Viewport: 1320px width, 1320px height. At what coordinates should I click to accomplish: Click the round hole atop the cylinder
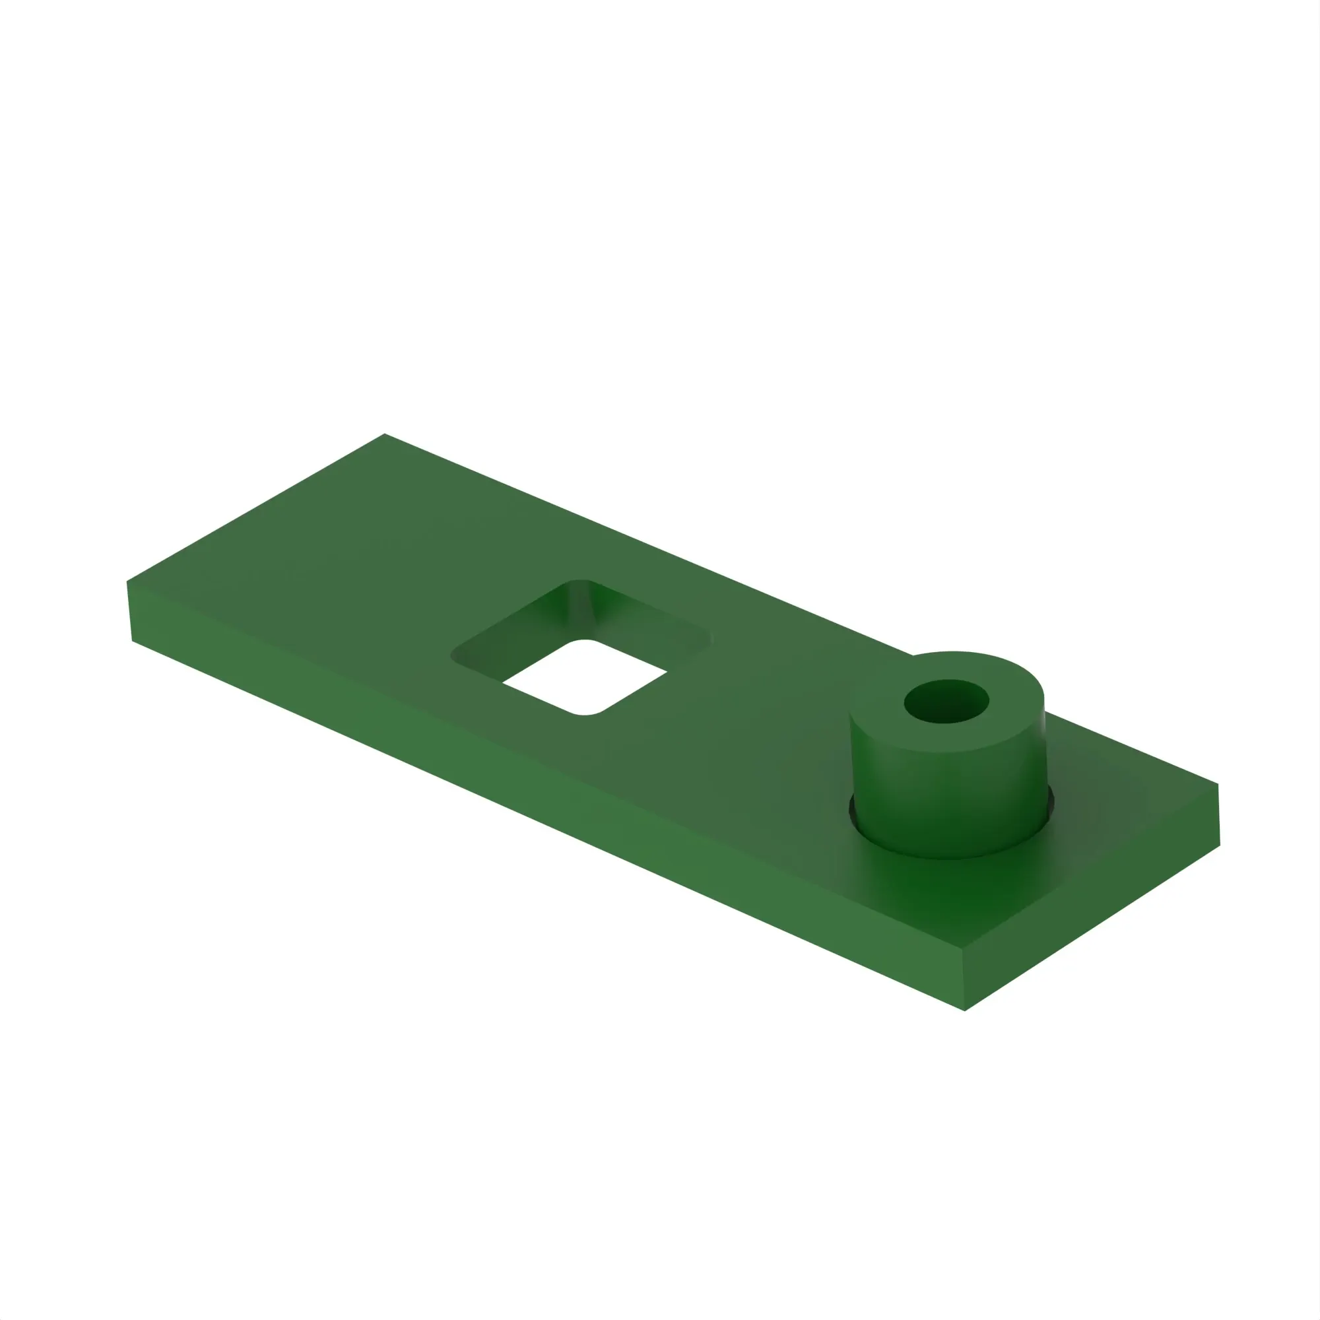946,702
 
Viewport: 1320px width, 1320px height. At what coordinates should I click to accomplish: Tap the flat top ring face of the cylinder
881,717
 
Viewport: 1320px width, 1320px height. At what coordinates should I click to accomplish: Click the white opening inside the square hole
585,676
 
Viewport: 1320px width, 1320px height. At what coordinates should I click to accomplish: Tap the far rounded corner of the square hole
579,583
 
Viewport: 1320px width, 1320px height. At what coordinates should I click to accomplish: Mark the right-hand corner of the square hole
709,638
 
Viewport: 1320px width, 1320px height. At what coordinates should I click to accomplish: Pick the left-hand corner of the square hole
453,656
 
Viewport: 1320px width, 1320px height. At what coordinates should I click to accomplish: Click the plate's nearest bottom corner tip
964,1010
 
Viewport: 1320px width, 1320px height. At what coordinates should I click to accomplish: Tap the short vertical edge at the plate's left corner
129,612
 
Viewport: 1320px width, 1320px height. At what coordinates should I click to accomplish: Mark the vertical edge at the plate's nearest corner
964,981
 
